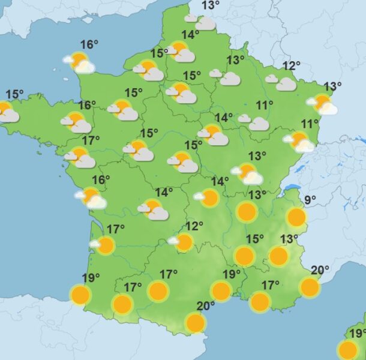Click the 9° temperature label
click(x=310, y=200)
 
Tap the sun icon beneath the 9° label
click(x=296, y=217)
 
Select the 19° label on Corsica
click(x=358, y=333)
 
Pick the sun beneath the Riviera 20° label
click(x=310, y=287)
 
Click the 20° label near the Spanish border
click(x=206, y=305)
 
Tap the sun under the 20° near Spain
click(x=195, y=323)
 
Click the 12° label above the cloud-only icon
click(x=292, y=66)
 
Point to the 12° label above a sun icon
click(x=194, y=226)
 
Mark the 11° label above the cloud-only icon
click(x=265, y=105)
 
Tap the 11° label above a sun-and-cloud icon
click(x=310, y=124)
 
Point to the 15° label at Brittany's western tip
click(x=14, y=94)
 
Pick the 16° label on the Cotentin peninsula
click(x=89, y=44)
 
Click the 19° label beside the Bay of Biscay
click(x=91, y=278)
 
